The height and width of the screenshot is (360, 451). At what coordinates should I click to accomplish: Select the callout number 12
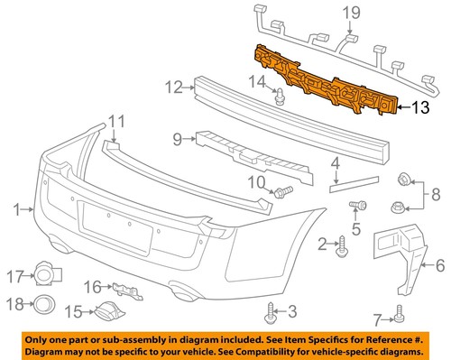coord(173,88)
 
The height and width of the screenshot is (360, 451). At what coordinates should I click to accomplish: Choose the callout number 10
coord(256,183)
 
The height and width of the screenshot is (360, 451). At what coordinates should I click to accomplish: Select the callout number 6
coord(440,265)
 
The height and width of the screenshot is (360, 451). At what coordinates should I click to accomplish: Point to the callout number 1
coord(15,210)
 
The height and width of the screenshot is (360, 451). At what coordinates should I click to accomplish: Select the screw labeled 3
coord(270,312)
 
